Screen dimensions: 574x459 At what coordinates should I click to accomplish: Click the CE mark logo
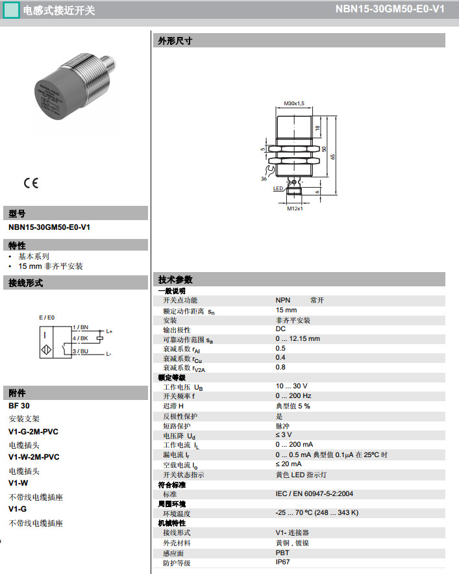[31, 183]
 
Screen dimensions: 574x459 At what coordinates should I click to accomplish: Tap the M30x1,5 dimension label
[294, 103]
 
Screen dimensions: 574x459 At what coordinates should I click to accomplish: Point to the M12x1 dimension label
[295, 209]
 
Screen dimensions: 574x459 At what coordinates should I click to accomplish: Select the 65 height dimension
[333, 156]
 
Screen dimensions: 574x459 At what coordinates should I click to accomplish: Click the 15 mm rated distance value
[286, 310]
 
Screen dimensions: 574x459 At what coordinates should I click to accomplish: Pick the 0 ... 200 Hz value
[293, 395]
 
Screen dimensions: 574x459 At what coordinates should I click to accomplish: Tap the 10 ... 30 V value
[292, 386]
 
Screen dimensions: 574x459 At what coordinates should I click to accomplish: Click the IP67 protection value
[283, 562]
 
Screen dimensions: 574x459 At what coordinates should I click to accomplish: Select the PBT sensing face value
[282, 553]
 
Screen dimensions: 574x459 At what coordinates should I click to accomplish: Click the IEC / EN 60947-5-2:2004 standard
[314, 493]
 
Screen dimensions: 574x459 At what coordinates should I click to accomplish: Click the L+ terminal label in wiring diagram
[109, 332]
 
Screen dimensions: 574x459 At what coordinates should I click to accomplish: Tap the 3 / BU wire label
[81, 351]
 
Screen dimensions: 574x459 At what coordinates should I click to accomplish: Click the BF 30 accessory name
[19, 405]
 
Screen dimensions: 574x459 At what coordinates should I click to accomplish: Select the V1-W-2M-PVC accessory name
[34, 456]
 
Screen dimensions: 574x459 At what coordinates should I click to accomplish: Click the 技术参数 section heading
[175, 280]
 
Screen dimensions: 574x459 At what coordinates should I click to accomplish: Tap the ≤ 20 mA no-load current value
[288, 464]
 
